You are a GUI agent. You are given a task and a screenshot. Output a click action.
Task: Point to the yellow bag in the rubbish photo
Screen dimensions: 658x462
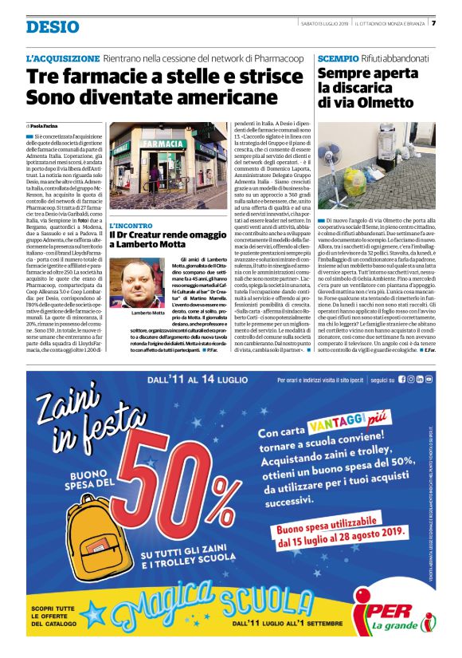click(355, 179)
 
